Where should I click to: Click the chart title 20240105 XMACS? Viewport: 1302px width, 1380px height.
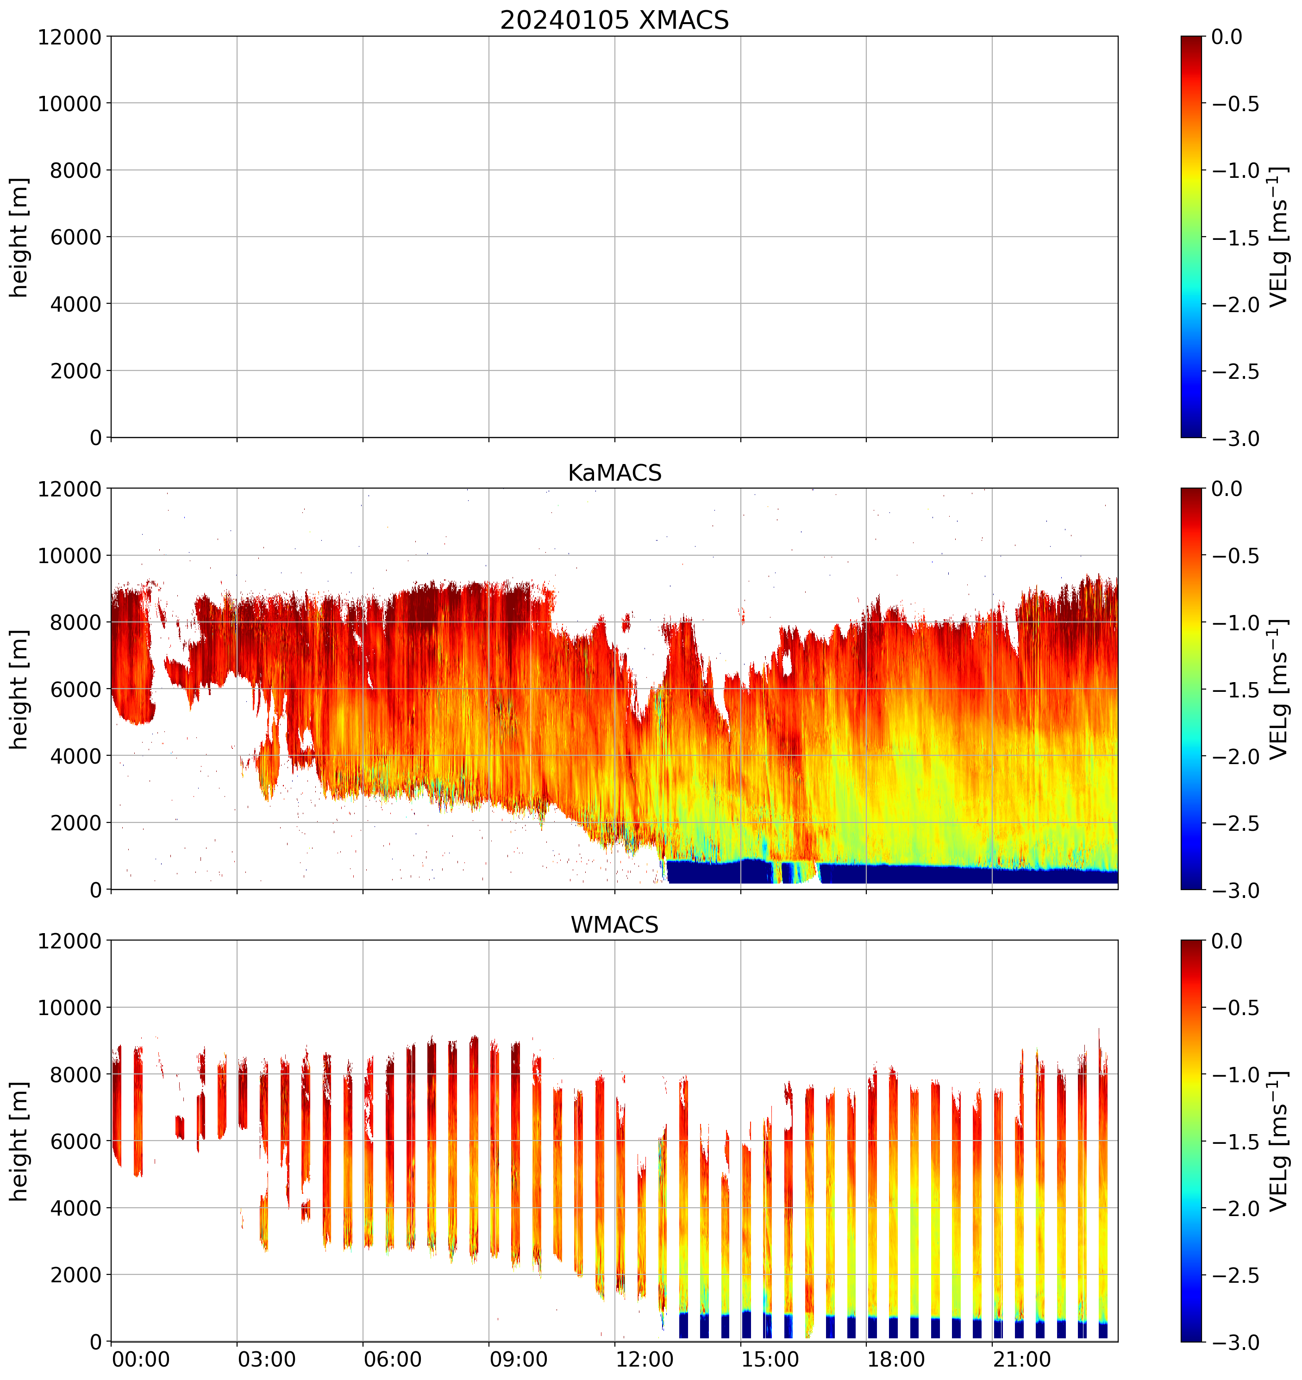coord(614,20)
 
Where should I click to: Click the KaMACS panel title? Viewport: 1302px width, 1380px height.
coord(614,473)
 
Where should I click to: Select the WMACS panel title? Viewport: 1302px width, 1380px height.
coord(614,925)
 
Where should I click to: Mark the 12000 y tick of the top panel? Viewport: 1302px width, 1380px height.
coord(69,37)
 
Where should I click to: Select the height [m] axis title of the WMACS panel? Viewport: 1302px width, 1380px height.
coord(19,1141)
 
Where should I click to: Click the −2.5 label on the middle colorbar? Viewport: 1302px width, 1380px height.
coord(1235,823)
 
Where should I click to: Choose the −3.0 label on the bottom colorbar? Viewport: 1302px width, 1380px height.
coord(1235,1342)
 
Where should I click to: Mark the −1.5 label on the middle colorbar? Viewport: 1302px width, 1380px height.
coord(1235,690)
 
